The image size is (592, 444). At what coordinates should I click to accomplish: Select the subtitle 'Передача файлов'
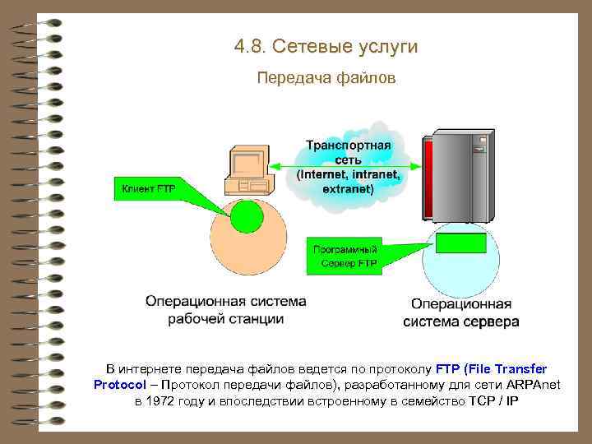tap(326, 79)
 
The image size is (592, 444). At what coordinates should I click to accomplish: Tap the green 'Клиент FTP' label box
tap(149, 190)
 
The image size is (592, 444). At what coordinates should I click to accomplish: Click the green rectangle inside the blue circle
tap(459, 243)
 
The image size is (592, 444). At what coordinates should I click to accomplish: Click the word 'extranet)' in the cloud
tap(348, 188)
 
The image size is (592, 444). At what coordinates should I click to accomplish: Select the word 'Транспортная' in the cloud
tap(349, 145)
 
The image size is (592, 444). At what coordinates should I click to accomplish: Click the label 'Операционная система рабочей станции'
tap(225, 311)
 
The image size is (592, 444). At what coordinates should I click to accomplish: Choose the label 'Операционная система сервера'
tap(460, 313)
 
